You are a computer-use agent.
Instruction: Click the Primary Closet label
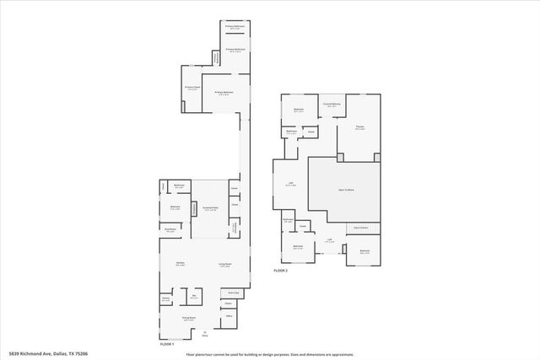(192, 87)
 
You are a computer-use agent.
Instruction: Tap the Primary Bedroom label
(224, 93)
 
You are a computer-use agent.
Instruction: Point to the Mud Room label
(170, 228)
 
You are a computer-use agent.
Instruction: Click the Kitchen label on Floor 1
(181, 264)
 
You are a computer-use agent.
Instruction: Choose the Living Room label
(225, 265)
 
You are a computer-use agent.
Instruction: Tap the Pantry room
(166, 298)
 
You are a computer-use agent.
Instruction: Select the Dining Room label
(189, 318)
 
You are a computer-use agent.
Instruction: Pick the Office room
(228, 315)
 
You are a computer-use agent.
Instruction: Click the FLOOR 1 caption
(166, 344)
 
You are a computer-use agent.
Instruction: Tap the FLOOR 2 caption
(281, 271)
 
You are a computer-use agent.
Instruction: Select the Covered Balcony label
(331, 105)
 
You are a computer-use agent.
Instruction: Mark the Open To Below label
(346, 190)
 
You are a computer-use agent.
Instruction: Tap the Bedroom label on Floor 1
(175, 207)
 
